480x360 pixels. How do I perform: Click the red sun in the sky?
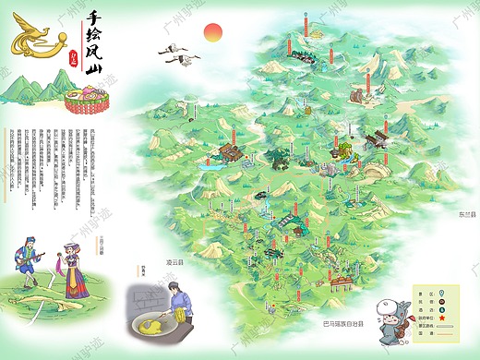click(213, 33)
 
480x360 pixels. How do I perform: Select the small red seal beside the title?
click(75, 56)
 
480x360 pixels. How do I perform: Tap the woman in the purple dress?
click(73, 267)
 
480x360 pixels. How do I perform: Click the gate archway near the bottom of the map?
click(342, 273)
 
